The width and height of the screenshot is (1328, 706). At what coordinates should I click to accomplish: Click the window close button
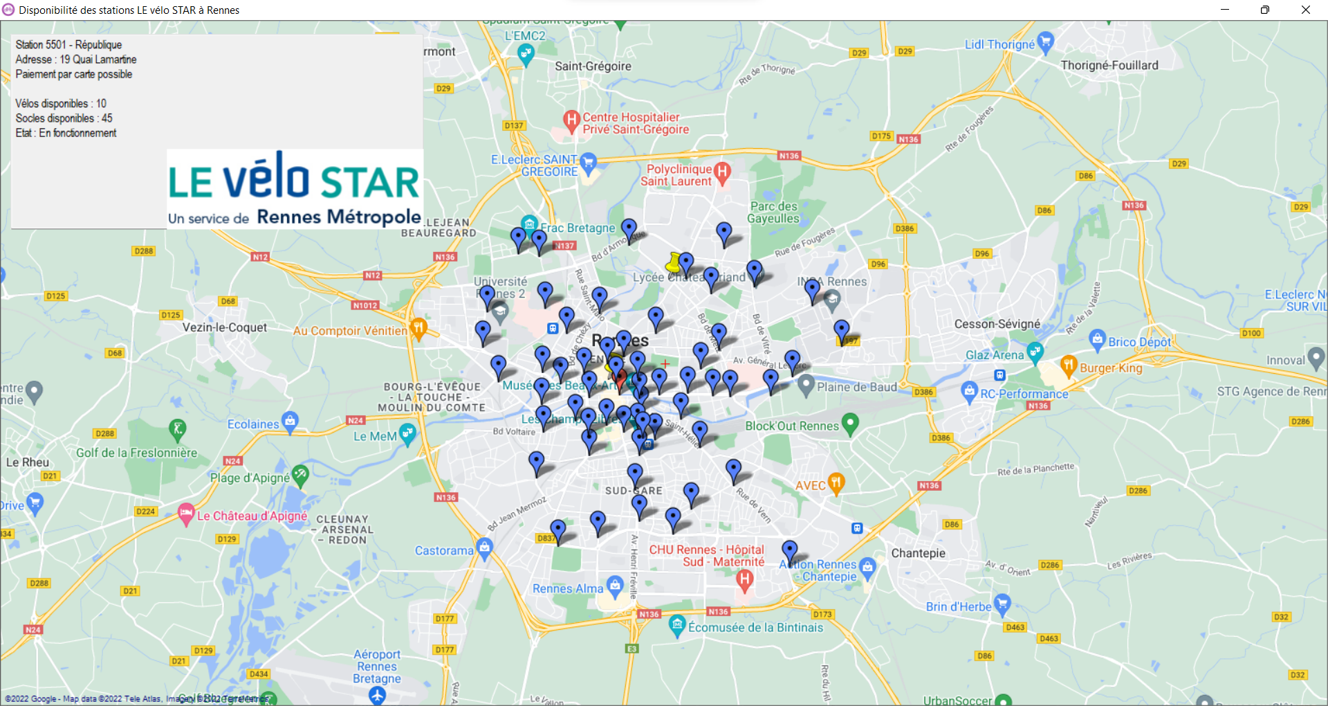pyautogui.click(x=1305, y=10)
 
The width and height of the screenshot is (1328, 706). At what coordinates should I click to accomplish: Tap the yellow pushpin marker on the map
pyautogui.click(x=674, y=263)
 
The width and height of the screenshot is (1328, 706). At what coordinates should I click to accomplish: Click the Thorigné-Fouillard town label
pyautogui.click(x=1109, y=65)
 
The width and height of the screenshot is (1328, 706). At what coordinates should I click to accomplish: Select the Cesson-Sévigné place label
pyautogui.click(x=997, y=324)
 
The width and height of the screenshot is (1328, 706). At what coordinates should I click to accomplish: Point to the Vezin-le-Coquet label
pyautogui.click(x=224, y=327)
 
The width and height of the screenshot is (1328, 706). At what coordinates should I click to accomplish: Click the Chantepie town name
pyautogui.click(x=918, y=553)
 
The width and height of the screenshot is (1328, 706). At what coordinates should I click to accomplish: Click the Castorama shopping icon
pyautogui.click(x=485, y=549)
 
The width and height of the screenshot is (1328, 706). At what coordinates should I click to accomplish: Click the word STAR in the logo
pyautogui.click(x=370, y=182)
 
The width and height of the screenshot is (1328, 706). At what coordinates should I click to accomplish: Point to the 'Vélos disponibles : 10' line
pyautogui.click(x=61, y=104)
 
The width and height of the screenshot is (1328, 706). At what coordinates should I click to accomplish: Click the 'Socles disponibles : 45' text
pyautogui.click(x=64, y=118)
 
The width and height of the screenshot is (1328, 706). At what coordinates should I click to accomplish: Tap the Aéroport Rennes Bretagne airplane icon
pyautogui.click(x=377, y=695)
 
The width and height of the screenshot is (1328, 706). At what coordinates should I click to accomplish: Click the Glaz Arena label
pyautogui.click(x=994, y=355)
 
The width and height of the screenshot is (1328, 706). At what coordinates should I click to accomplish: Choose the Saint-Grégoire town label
pyautogui.click(x=593, y=66)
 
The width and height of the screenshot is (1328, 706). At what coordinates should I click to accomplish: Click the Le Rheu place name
pyautogui.click(x=28, y=462)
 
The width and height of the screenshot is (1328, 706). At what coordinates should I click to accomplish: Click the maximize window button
pyautogui.click(x=1264, y=10)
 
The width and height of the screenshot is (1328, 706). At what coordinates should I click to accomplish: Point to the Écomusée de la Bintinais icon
pyautogui.click(x=677, y=626)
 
